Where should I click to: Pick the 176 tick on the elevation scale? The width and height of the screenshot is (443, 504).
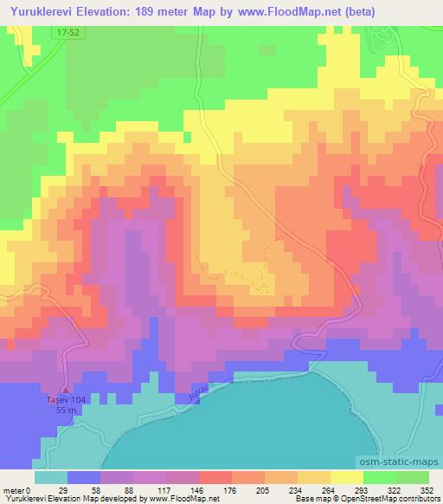point(232,489)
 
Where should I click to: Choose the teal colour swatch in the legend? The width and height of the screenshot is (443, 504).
point(51,477)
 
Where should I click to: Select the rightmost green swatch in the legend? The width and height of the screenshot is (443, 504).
point(413,477)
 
